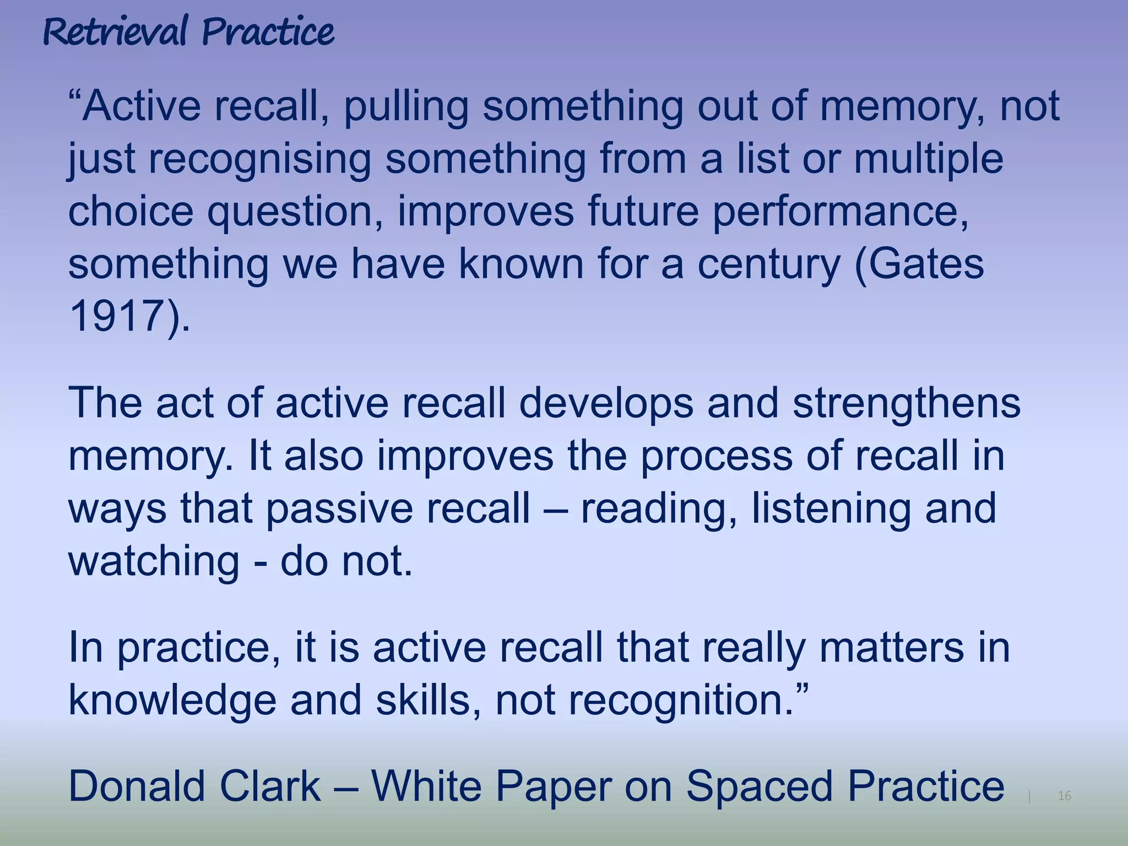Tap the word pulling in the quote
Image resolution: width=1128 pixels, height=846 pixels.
[x=406, y=107]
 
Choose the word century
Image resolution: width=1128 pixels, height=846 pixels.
[x=769, y=265]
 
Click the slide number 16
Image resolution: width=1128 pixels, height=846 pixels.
[x=1065, y=796]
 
